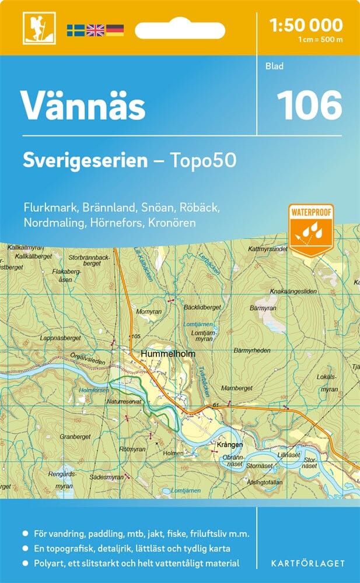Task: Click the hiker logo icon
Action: coord(34,29)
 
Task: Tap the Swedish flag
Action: coord(75,30)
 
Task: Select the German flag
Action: coord(115,30)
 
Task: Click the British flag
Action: coord(95,30)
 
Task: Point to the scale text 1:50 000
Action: coord(306,25)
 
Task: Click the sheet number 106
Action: coord(309,106)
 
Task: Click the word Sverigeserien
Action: coord(85,160)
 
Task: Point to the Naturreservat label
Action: coord(125,402)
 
